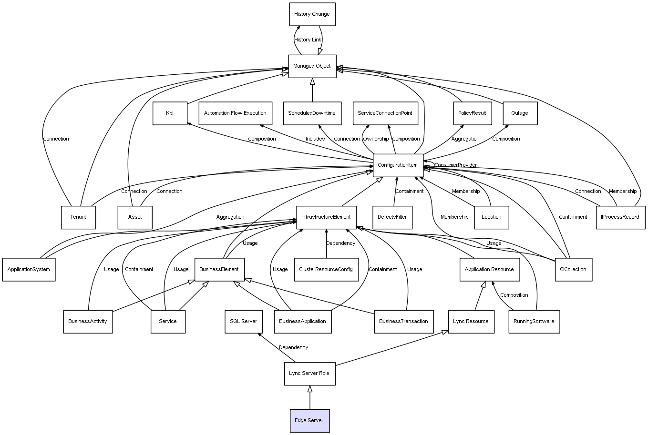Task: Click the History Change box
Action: (312, 14)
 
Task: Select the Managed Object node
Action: (312, 66)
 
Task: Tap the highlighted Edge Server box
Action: (309, 421)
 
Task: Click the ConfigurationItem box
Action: (398, 165)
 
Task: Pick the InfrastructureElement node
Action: (326, 217)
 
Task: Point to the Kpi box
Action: (170, 113)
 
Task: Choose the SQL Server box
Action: (243, 322)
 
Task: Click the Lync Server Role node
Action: (309, 374)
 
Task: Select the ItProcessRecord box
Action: (620, 217)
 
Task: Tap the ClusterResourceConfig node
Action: (326, 270)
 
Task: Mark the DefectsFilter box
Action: (392, 217)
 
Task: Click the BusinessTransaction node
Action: (403, 322)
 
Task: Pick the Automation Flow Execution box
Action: (235, 113)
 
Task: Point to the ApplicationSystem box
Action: (29, 270)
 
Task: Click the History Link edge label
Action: (308, 40)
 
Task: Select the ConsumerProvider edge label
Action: (455, 165)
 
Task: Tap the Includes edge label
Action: (315, 139)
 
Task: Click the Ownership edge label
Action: (376, 139)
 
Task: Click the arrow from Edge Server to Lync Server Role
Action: (310, 397)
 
